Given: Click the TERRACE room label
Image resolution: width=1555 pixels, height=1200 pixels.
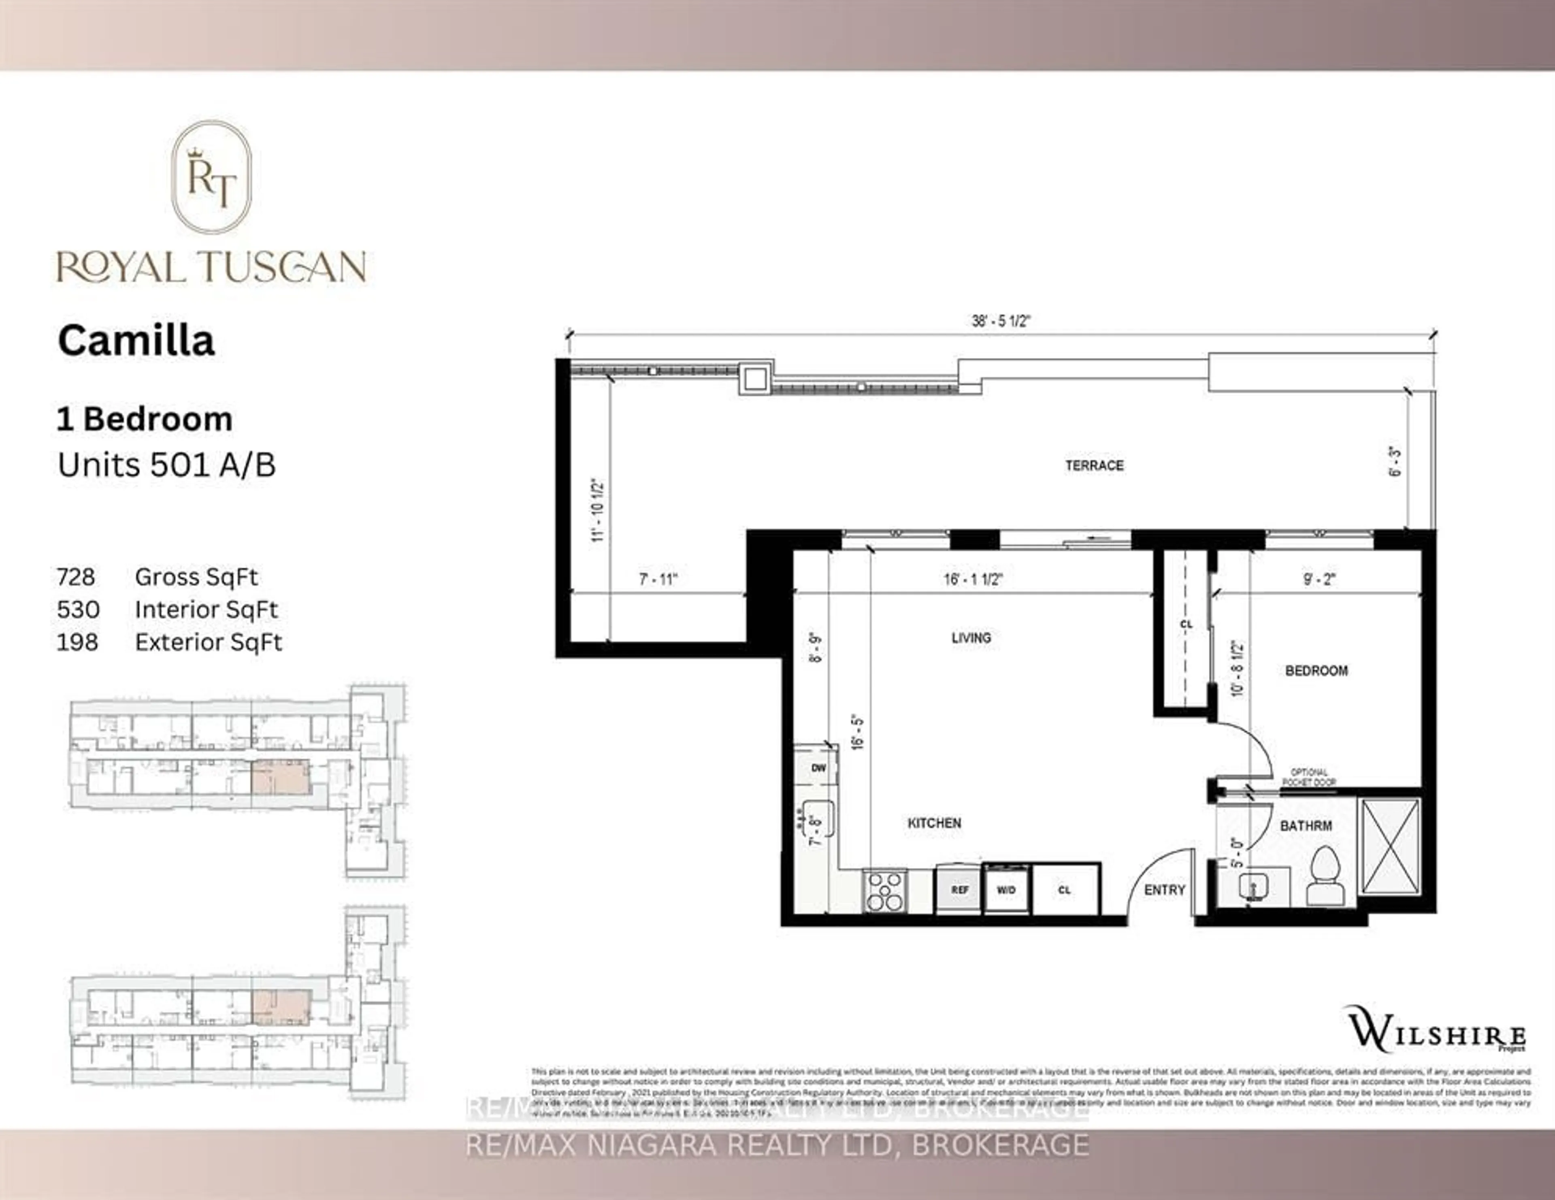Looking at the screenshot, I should pos(1094,466).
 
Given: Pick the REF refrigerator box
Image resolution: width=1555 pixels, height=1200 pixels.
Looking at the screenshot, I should pos(960,889).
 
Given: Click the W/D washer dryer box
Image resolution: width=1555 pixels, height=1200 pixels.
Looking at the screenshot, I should pos(1006,889).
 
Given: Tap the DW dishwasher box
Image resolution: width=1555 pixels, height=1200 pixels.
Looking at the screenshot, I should pos(818,768).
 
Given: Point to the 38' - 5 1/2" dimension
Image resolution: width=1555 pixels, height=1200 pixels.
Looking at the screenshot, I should pos(1001,321).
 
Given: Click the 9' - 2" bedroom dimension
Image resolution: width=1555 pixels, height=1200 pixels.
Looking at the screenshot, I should pos(1319,579).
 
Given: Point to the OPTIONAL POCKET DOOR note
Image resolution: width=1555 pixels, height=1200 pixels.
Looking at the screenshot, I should pos(1309,777).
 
